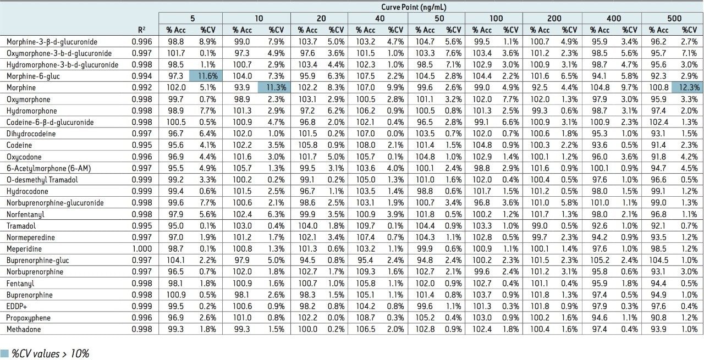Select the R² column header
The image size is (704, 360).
142,30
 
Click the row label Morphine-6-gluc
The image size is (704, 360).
33,76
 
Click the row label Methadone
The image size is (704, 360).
24,330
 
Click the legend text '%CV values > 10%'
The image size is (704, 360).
51,354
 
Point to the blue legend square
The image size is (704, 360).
5,354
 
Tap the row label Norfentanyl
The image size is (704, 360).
25,214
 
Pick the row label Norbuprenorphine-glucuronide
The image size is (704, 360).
55,203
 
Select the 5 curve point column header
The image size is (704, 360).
193,18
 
